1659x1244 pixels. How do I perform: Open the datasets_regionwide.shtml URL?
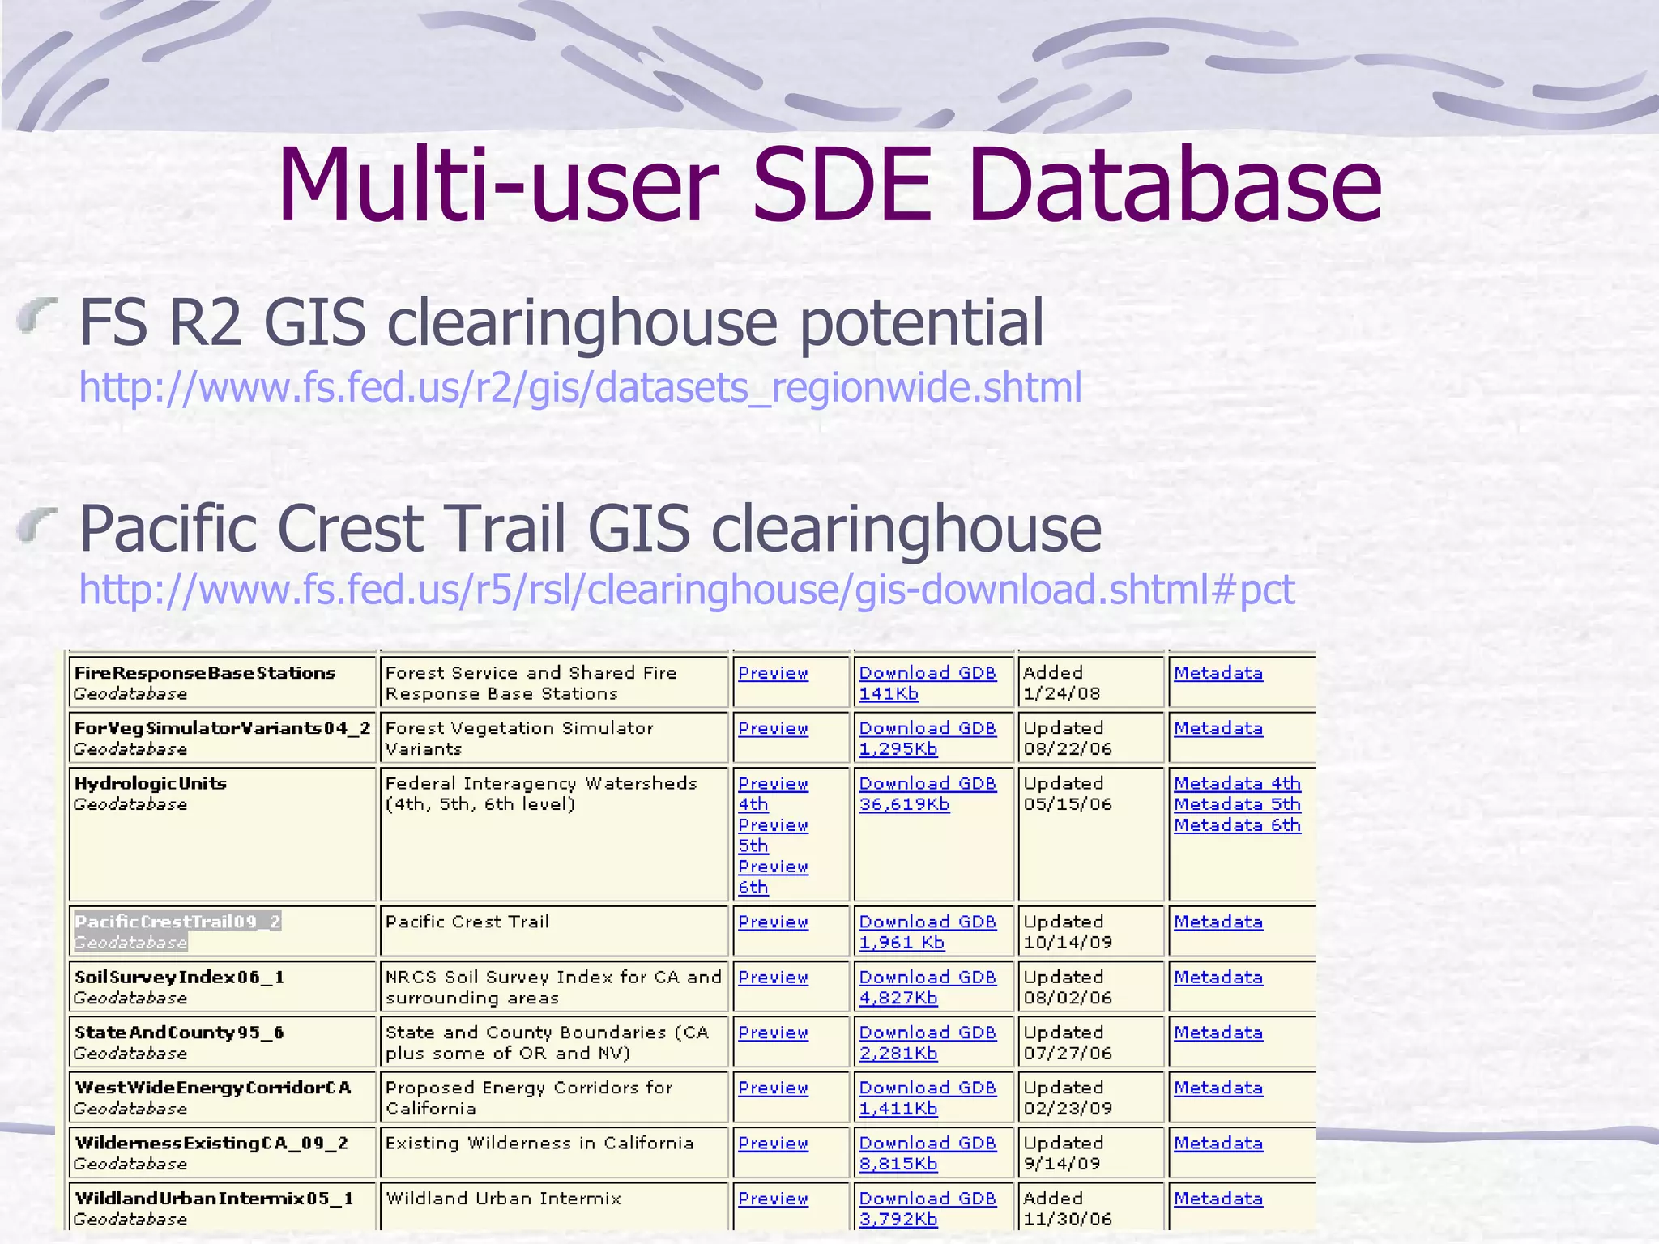coord(580,387)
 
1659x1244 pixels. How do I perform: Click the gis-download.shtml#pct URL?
coord(687,590)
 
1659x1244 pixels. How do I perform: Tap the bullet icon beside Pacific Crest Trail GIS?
coord(38,523)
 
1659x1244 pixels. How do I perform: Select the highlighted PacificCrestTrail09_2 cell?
coord(177,931)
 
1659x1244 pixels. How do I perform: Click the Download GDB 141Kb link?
coord(927,683)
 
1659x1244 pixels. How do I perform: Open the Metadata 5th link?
coord(1237,804)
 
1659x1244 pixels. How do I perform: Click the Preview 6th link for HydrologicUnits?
coord(773,877)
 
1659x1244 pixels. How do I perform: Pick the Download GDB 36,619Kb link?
coord(927,794)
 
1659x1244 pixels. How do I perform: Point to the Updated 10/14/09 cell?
coord(1068,931)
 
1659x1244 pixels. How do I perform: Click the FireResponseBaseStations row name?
coord(204,673)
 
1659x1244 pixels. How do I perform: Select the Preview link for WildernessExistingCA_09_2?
coord(773,1144)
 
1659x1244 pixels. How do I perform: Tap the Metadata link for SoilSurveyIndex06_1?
coord(1218,978)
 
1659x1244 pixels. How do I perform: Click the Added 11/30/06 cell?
coord(1068,1208)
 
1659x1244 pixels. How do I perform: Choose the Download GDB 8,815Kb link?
coord(927,1153)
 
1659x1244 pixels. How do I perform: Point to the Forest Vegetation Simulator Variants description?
coord(518,738)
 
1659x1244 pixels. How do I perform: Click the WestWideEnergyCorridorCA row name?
coord(212,1088)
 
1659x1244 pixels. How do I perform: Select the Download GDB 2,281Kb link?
coord(927,1042)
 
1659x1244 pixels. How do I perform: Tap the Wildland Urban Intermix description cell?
coord(503,1199)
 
